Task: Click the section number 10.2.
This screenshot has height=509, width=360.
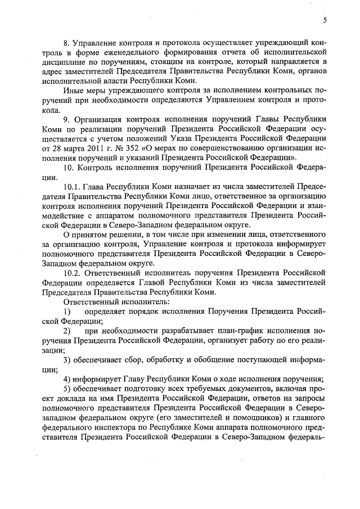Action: [x=71, y=272]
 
